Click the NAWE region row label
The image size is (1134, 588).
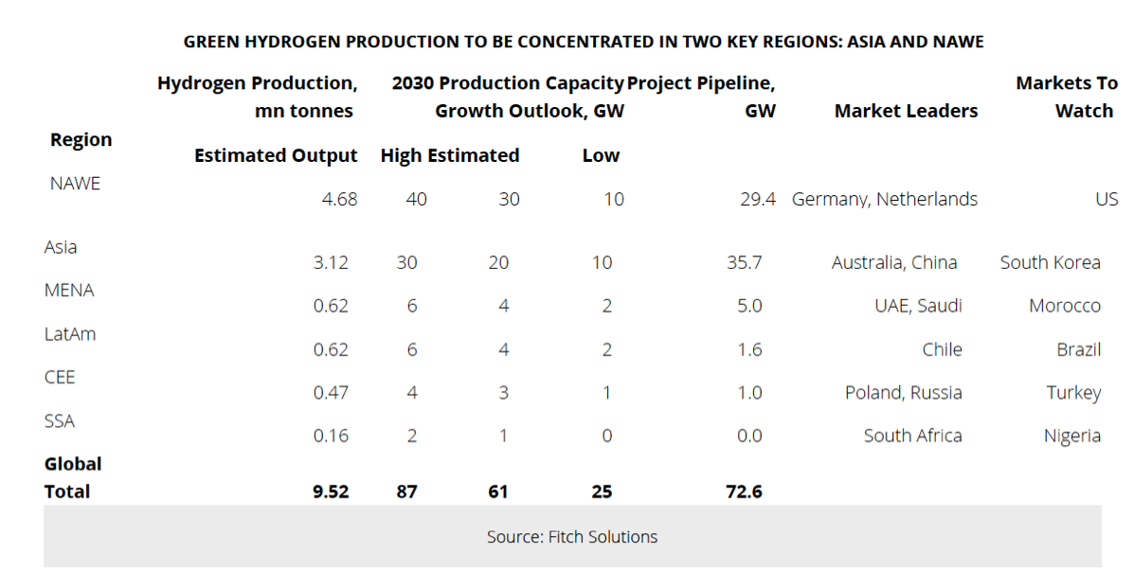(x=75, y=184)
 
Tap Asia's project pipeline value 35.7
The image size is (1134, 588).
(x=744, y=262)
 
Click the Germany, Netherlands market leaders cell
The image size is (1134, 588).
(x=884, y=199)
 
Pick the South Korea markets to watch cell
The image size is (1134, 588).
(x=1050, y=262)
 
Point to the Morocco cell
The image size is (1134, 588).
(x=1065, y=306)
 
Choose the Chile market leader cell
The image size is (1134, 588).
(x=942, y=349)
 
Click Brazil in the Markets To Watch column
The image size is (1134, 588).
(x=1078, y=349)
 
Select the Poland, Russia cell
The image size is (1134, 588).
(x=903, y=392)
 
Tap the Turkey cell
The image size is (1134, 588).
(x=1073, y=392)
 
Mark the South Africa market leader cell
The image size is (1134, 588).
(x=912, y=436)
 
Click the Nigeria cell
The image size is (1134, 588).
(x=1071, y=436)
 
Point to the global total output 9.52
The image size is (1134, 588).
(x=331, y=491)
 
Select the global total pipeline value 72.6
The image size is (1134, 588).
(x=744, y=491)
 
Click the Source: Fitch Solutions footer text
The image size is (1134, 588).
(x=572, y=537)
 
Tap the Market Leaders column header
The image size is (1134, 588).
(x=906, y=111)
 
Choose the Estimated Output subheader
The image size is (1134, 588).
(x=276, y=155)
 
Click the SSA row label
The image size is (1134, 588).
(x=60, y=420)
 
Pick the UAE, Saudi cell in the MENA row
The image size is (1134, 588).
(x=918, y=306)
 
